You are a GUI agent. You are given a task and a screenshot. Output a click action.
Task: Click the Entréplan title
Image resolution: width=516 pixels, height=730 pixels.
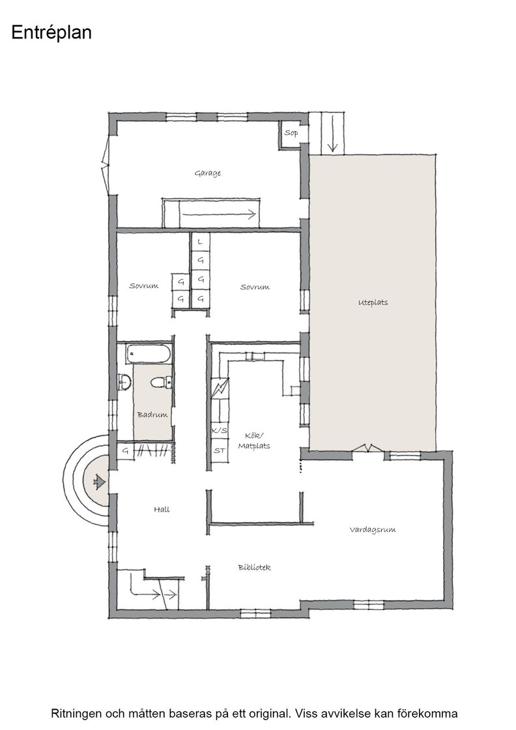click(51, 33)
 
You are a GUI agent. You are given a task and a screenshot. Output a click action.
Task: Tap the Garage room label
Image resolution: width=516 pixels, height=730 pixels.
click(208, 173)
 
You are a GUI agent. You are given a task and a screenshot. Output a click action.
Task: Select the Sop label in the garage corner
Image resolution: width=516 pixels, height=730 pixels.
click(291, 133)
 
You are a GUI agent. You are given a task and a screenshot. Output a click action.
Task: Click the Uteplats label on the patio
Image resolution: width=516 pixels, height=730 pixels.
click(373, 302)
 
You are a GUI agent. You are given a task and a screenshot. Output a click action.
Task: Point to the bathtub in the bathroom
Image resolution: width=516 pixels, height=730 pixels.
click(149, 355)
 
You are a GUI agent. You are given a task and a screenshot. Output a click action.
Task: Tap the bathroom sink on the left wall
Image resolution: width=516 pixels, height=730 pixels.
click(124, 382)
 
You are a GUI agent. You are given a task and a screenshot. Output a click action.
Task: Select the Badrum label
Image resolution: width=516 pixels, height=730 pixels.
click(152, 415)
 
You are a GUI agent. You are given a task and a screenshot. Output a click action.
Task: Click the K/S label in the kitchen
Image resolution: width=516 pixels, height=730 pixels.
click(219, 431)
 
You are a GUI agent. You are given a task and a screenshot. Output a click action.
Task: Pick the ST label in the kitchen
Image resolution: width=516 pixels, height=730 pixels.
click(219, 450)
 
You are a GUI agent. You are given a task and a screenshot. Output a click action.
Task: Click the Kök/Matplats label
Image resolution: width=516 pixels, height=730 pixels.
click(254, 441)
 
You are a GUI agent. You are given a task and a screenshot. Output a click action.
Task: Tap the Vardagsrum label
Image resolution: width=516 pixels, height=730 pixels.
click(373, 530)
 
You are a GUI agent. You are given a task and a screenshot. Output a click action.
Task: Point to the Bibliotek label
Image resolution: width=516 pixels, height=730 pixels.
click(254, 568)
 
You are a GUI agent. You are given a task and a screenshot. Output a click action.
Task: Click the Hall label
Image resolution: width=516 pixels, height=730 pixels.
click(162, 510)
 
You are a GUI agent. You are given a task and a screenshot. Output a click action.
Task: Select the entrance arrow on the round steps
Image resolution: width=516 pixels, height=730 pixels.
click(99, 482)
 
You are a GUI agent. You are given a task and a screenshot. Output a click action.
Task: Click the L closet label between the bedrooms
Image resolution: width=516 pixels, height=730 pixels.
click(201, 242)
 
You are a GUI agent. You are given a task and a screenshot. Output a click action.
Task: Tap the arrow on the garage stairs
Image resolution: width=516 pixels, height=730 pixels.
click(219, 214)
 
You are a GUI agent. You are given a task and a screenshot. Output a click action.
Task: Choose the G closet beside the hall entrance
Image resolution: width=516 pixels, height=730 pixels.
click(125, 451)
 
